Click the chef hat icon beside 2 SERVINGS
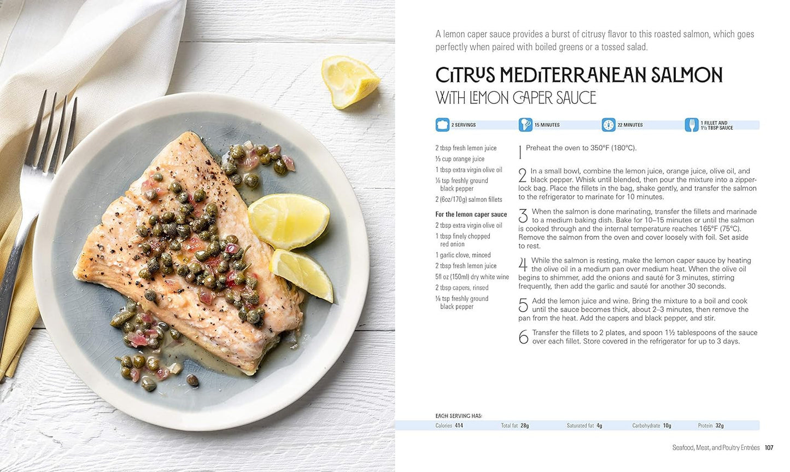[442, 125]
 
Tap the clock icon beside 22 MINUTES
[608, 125]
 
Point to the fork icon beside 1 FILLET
[692, 125]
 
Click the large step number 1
[520, 151]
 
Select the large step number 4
[523, 265]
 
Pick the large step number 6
[523, 337]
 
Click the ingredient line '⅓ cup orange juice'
[460, 159]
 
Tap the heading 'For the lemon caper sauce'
[471, 214]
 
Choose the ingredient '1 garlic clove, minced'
[463, 255]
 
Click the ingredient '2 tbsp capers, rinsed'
[462, 288]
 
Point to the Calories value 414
[458, 426]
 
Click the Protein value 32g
[719, 426]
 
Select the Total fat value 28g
[524, 426]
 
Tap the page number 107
[769, 448]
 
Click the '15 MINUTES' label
[547, 125]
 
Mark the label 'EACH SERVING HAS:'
[459, 416]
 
